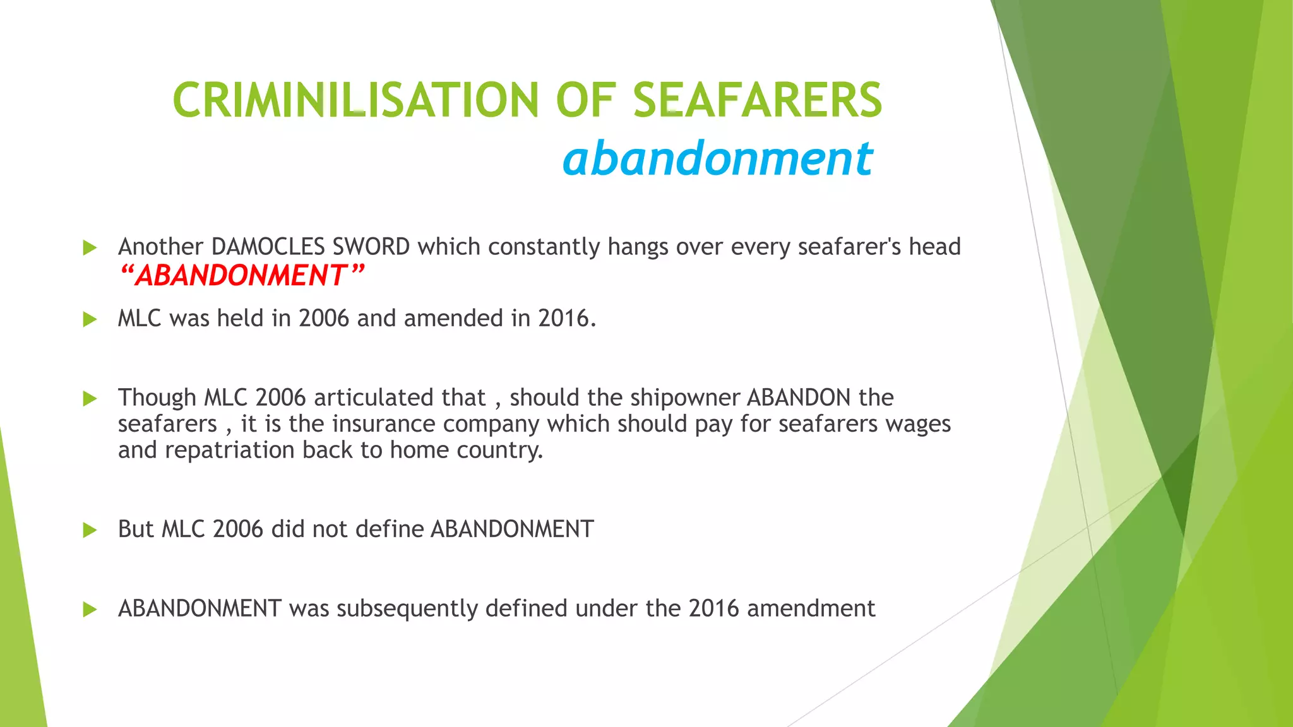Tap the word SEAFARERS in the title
click(757, 100)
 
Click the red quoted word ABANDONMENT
click(241, 275)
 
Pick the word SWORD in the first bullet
click(371, 246)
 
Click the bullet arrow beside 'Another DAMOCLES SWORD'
click(90, 247)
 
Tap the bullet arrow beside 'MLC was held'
click(90, 319)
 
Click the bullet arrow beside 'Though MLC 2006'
click(90, 398)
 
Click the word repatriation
click(230, 450)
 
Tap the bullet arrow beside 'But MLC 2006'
click(90, 530)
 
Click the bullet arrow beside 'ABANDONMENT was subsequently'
click(90, 610)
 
